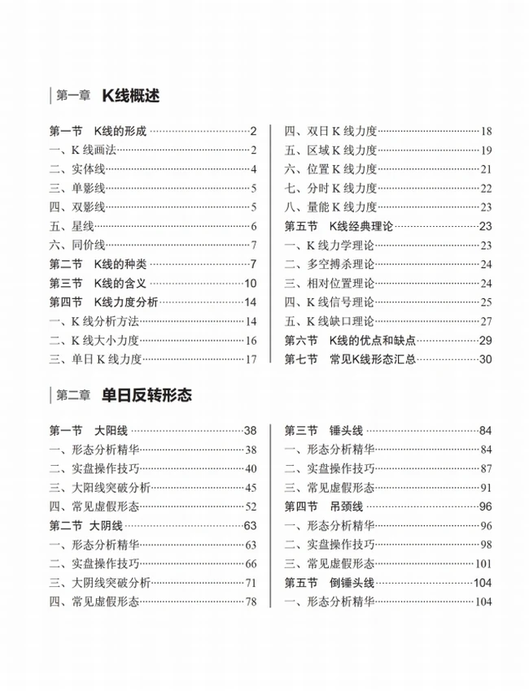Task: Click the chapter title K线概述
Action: pos(130,96)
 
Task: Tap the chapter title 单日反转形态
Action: pos(146,395)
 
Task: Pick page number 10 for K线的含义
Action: pos(250,283)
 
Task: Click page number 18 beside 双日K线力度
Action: pos(486,131)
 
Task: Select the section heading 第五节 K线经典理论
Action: pos(338,226)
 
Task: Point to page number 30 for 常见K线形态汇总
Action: pos(486,359)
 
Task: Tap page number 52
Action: pos(250,506)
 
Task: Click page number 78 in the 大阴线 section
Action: pos(250,602)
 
